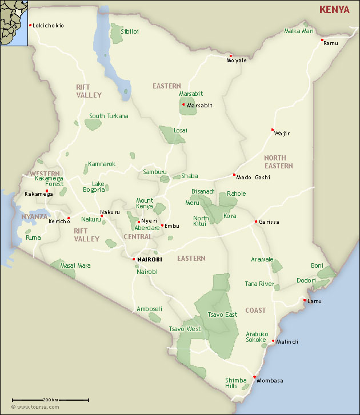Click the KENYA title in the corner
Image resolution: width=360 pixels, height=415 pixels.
(334, 10)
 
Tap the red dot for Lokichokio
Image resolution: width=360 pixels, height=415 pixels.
(30, 25)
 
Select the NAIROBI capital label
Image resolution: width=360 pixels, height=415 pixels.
(150, 259)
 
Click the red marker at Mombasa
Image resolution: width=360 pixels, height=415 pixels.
(254, 377)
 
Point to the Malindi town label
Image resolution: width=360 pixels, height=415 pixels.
(287, 342)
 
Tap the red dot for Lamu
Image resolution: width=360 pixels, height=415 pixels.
(305, 300)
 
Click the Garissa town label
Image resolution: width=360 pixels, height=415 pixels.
(269, 222)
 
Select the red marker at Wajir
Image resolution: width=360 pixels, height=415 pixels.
(273, 130)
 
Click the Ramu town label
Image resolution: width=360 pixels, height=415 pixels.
(331, 43)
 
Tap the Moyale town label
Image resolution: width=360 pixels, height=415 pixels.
(237, 60)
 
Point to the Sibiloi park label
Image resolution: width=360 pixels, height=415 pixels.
(130, 32)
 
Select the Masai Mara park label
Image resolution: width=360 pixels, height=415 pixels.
(75, 266)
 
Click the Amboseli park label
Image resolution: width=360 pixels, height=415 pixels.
(149, 309)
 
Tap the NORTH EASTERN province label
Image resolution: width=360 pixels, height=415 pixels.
(278, 162)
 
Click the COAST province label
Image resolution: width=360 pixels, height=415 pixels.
(255, 311)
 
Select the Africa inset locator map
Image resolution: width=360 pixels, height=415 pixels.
(14, 22)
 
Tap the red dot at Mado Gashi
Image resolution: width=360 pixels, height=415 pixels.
(234, 175)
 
